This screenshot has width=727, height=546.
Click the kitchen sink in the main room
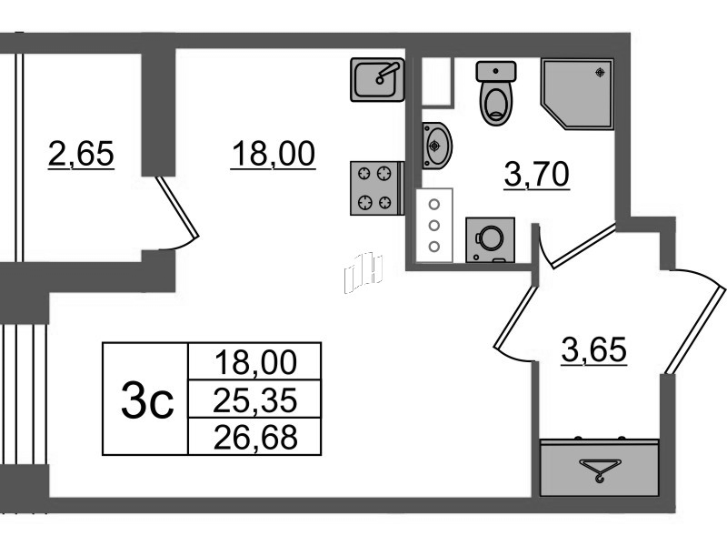point(377,79)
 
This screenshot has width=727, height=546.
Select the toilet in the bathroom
point(495,94)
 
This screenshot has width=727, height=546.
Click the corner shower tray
point(577,93)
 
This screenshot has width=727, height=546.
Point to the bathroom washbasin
point(437,146)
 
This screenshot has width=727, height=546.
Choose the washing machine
point(490,240)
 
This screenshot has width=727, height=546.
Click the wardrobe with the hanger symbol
point(600,468)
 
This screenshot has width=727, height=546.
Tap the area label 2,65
point(81,154)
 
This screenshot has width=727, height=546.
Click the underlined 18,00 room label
point(274,154)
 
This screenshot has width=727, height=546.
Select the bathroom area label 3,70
point(536,175)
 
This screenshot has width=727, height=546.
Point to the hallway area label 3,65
point(594,349)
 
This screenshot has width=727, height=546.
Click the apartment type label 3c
point(147,399)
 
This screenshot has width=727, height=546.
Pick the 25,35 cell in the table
point(254,399)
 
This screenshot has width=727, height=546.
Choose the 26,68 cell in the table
point(254,437)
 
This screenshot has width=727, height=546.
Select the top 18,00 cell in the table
point(254,361)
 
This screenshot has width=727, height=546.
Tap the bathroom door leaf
point(584,246)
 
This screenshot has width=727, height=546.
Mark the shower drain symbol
point(601,72)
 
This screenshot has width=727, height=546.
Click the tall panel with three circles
point(434,225)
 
